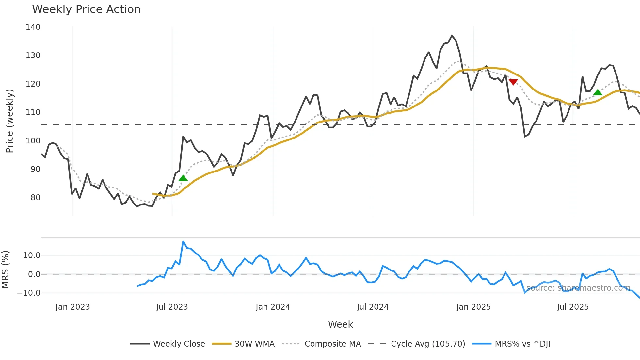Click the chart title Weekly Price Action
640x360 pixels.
(86, 9)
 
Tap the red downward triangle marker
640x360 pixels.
(513, 82)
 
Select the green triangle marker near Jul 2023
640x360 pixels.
(183, 178)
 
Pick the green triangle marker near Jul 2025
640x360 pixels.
(598, 92)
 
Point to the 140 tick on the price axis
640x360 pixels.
(33, 27)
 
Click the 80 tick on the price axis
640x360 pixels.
(35, 198)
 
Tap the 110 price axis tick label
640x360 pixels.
(33, 112)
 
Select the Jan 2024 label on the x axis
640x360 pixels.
(273, 307)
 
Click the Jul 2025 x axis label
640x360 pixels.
(573, 307)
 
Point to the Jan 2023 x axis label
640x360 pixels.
(72, 307)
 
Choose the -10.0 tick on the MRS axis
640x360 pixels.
(29, 293)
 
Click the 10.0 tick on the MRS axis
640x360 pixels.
(32, 255)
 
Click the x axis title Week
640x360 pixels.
(340, 324)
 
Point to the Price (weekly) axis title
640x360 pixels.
(9, 121)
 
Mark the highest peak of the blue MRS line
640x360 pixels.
(183, 241)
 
